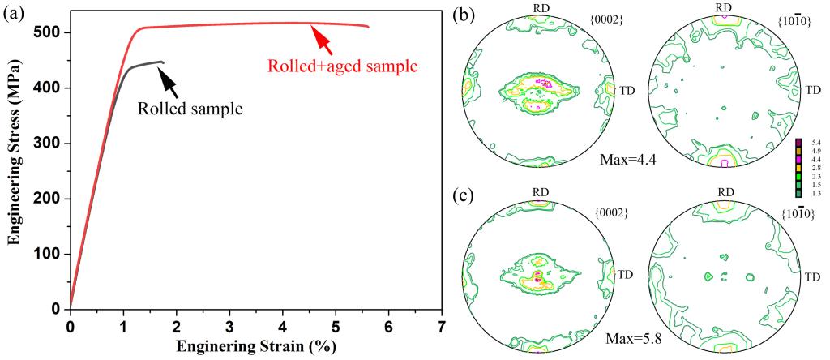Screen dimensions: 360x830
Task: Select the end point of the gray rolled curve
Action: [164, 62]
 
